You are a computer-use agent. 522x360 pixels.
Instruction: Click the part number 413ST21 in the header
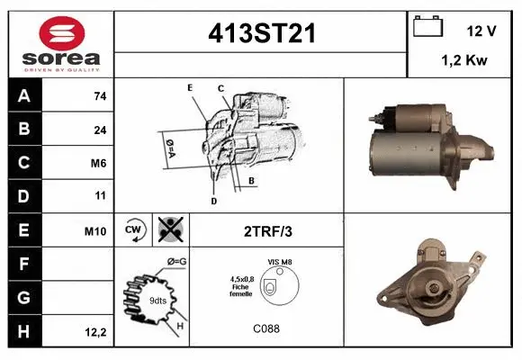coord(263,33)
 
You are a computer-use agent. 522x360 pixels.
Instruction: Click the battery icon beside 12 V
coord(426,28)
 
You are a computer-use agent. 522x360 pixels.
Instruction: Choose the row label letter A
coord(23,95)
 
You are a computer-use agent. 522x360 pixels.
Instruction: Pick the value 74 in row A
coord(99,96)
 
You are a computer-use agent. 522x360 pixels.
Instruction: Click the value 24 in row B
coord(99,130)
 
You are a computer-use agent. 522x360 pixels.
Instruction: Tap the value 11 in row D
coord(100,196)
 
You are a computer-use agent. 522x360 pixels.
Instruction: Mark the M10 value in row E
coord(95,230)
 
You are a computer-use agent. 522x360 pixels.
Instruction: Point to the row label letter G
coord(23,298)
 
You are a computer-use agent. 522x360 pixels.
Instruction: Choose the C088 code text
coord(265,328)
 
